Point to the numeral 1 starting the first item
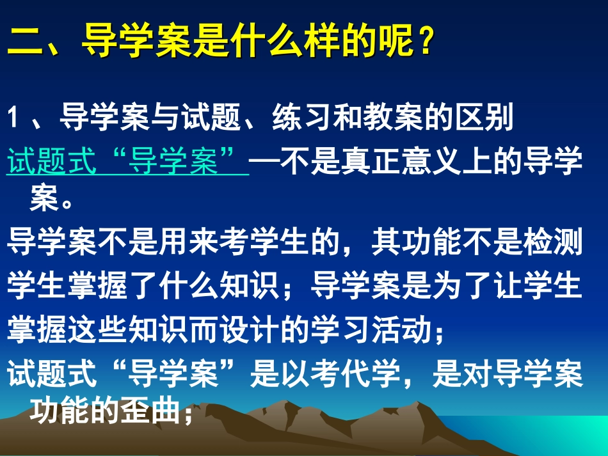point(15,119)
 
